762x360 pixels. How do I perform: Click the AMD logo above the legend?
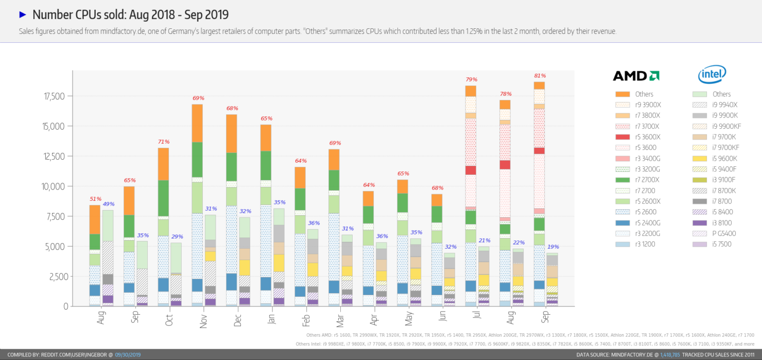(636, 76)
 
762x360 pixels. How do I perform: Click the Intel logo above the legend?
(712, 75)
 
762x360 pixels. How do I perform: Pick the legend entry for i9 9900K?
(719, 115)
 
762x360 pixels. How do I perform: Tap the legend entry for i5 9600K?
(719, 158)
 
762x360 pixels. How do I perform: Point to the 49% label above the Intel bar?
(108, 204)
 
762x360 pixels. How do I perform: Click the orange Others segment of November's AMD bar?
(197, 123)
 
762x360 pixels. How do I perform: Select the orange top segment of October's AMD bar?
(163, 164)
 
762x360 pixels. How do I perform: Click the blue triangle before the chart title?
(22, 14)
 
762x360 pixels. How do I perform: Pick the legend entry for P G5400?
(719, 233)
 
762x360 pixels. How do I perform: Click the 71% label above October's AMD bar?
(164, 142)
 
